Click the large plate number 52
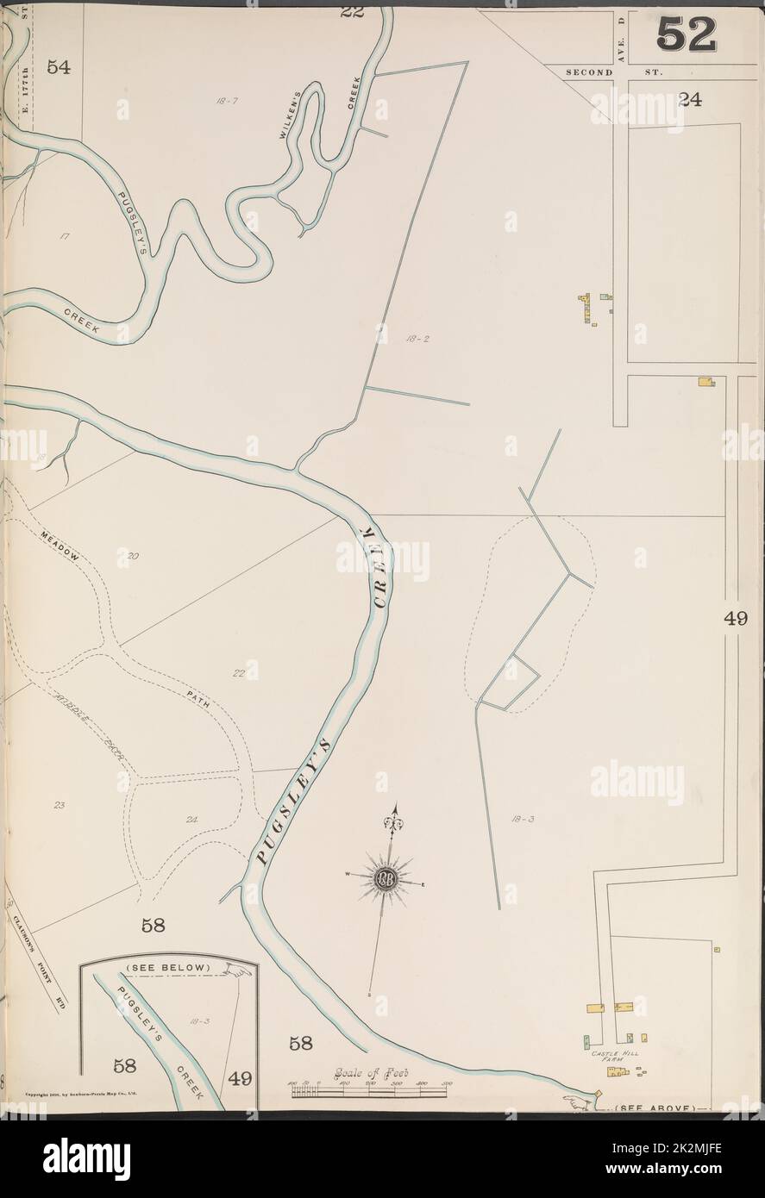pos(687,34)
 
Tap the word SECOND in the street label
pos(589,73)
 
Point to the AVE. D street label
pos(619,34)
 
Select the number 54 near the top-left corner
pos(59,69)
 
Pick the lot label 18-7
pos(227,102)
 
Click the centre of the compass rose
pos(383,880)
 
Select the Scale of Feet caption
pos(370,1074)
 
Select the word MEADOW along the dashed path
pos(59,545)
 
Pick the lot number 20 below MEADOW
pos(132,556)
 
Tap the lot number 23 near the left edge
pos(60,806)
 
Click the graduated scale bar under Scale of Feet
pos(369,1091)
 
